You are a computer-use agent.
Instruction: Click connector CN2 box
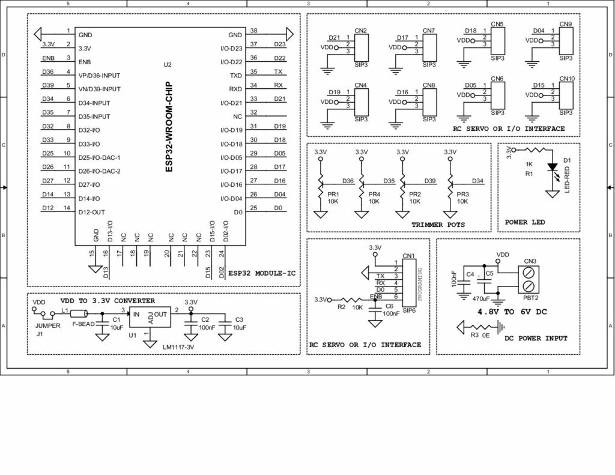point(361,44)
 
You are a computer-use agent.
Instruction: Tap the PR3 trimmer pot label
point(462,195)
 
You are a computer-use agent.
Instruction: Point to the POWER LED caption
point(525,222)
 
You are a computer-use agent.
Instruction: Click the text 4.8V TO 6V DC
point(512,312)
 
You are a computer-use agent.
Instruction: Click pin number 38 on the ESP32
point(253,31)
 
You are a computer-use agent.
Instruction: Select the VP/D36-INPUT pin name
point(99,76)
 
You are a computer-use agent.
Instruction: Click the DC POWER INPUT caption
point(536,338)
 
